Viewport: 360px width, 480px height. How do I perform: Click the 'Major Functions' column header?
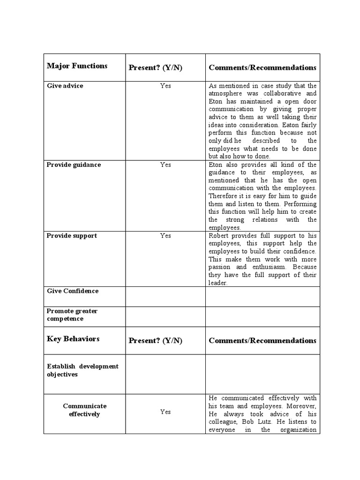click(x=77, y=66)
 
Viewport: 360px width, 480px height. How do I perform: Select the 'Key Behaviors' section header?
click(x=73, y=339)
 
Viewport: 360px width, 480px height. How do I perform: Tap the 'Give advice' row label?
click(x=65, y=86)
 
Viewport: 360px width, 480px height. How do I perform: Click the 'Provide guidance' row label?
click(x=74, y=165)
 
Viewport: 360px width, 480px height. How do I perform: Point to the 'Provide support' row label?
click(x=72, y=236)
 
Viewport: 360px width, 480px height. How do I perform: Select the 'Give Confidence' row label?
click(x=73, y=291)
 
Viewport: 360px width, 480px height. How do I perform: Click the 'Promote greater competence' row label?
click(x=72, y=315)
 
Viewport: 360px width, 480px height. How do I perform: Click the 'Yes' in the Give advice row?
click(x=165, y=86)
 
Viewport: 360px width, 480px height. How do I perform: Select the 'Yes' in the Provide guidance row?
click(x=165, y=165)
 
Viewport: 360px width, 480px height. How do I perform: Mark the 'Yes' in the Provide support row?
click(x=165, y=235)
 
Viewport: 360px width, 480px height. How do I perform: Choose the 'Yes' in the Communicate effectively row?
click(x=165, y=412)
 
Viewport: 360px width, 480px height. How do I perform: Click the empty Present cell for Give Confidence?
click(x=165, y=296)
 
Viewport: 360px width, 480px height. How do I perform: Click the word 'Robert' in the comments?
click(x=219, y=236)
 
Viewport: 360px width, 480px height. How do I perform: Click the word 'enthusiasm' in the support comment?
click(x=268, y=267)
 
